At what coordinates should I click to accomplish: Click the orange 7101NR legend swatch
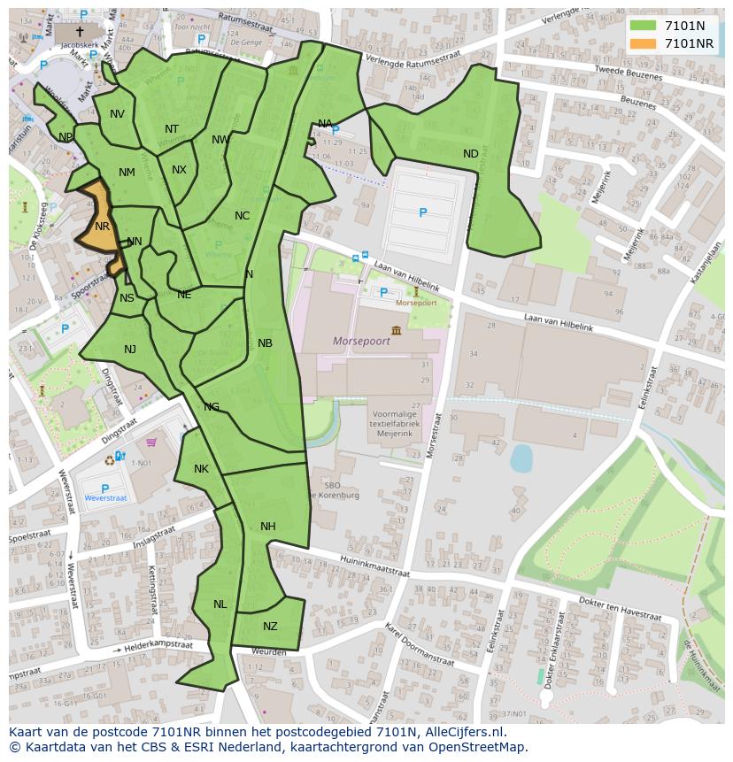(x=644, y=43)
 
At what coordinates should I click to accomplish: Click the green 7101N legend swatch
(x=644, y=26)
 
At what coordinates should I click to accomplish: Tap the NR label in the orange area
(x=102, y=227)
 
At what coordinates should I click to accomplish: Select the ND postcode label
(x=470, y=154)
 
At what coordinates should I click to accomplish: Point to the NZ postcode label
(x=270, y=627)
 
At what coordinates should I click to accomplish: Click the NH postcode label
(x=268, y=527)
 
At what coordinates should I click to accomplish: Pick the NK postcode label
(x=201, y=469)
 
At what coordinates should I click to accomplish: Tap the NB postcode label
(x=265, y=343)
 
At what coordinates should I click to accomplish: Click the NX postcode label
(x=179, y=170)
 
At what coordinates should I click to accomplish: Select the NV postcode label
(x=117, y=114)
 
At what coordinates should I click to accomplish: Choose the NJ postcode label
(x=130, y=350)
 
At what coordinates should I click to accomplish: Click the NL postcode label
(x=220, y=604)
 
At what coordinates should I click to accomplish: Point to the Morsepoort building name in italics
(x=360, y=341)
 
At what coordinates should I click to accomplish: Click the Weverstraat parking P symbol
(x=104, y=489)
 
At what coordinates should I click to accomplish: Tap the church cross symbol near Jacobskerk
(x=80, y=31)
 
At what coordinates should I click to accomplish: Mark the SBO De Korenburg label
(x=342, y=490)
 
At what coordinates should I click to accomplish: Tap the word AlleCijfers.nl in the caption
(x=461, y=732)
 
